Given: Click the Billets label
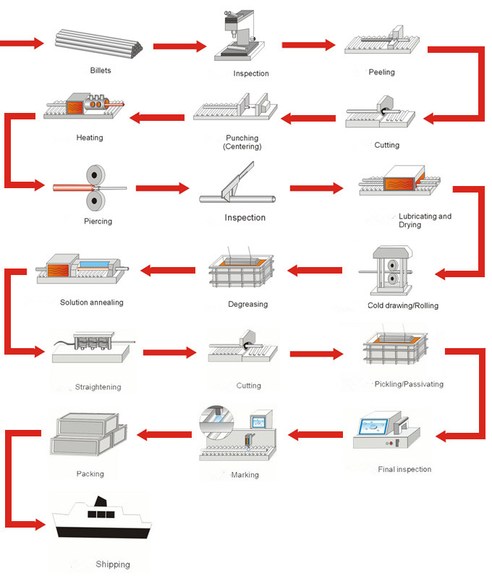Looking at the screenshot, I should click(x=101, y=71).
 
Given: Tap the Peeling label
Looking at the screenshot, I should click(x=381, y=72).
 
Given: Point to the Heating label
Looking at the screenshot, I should click(x=90, y=138).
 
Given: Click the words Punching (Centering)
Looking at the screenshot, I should click(x=242, y=142).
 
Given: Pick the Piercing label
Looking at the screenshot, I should click(x=98, y=221).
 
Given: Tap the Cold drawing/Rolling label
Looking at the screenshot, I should click(x=403, y=305).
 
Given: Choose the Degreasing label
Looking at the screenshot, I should click(x=248, y=305).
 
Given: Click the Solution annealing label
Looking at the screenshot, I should click(x=92, y=303).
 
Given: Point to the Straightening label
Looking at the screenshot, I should click(x=98, y=387).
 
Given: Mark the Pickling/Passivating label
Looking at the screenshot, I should click(x=409, y=384).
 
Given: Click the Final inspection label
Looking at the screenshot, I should click(x=404, y=470).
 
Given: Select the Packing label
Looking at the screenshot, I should click(x=90, y=474).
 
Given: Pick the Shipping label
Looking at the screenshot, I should click(x=113, y=565).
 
